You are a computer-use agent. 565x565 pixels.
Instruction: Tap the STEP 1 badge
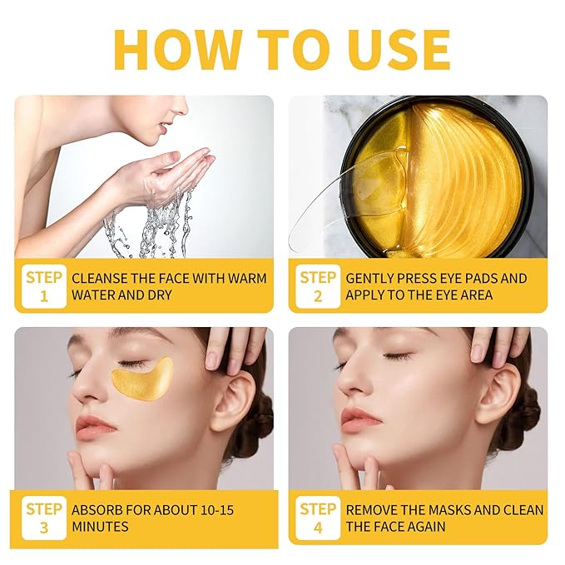point(43,286)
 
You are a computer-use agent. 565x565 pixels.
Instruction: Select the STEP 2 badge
point(317,286)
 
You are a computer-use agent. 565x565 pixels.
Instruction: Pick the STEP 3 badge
point(43,518)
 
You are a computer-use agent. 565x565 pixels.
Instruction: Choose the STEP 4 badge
point(317,518)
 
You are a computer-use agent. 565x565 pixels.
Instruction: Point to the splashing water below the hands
point(154,221)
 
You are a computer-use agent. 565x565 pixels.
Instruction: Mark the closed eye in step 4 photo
point(396,357)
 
